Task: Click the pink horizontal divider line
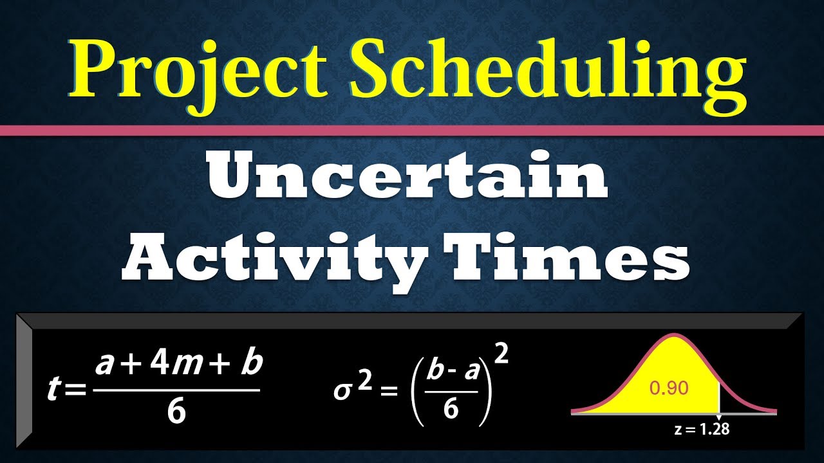tap(412, 131)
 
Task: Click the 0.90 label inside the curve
tap(669, 388)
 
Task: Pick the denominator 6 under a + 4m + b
tap(176, 412)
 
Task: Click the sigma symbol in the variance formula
tap(341, 391)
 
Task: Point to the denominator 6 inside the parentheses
tap(451, 410)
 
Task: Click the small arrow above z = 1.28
tap(718, 417)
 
